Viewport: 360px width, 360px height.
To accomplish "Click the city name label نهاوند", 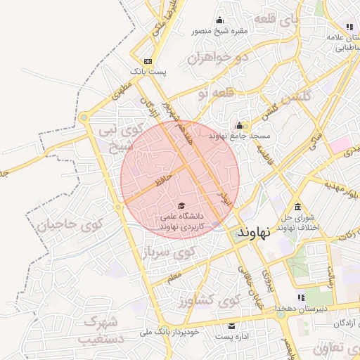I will [x=255, y=232].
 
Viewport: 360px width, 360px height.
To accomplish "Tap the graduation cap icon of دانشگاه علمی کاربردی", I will [x=172, y=205].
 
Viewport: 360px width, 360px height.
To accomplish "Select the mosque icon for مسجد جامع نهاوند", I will [x=239, y=125].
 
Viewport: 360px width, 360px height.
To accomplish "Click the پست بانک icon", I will [x=148, y=61].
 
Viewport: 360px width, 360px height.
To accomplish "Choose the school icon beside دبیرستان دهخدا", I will [x=302, y=298].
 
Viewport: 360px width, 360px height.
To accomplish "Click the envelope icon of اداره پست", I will [x=232, y=326].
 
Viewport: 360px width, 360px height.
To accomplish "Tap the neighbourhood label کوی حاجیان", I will [x=70, y=226].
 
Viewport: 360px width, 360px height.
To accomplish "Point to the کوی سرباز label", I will [x=169, y=252].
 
